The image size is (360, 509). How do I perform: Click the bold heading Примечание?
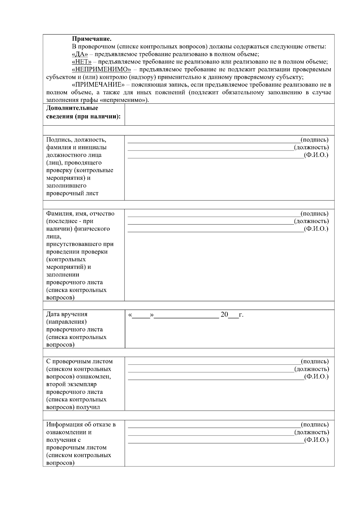(x=92, y=39)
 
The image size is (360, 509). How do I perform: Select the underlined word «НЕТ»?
(x=82, y=62)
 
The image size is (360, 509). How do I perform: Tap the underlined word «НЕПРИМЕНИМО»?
(x=102, y=70)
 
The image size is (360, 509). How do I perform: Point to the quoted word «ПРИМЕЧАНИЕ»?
(x=98, y=85)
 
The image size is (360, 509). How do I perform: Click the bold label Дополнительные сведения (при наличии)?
(x=83, y=112)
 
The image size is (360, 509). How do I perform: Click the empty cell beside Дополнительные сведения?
(x=229, y=114)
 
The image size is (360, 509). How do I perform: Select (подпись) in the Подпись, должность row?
(x=314, y=140)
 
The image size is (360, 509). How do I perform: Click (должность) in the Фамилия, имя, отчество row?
(x=311, y=221)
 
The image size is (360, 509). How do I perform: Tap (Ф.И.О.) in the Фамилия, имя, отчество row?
(x=316, y=229)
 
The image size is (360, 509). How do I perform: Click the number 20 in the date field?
(x=224, y=314)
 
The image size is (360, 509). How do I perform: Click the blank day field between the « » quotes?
(x=141, y=315)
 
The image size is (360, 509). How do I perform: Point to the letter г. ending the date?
(x=241, y=315)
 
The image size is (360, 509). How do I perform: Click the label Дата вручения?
(x=67, y=314)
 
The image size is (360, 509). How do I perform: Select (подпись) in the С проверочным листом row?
(x=315, y=361)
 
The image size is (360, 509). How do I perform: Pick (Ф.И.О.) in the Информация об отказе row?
(x=316, y=440)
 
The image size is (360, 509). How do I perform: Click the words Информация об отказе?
(x=81, y=424)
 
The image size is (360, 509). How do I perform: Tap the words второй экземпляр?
(x=71, y=384)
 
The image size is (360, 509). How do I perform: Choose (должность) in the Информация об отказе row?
(x=312, y=432)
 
